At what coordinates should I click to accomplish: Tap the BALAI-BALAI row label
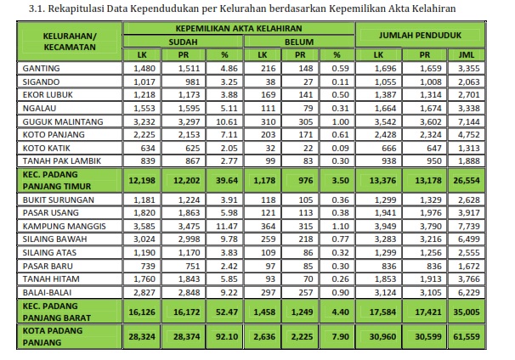[x=45, y=290]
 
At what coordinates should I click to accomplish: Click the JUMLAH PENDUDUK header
[x=426, y=35]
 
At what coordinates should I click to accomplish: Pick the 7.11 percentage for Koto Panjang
[x=229, y=135]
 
